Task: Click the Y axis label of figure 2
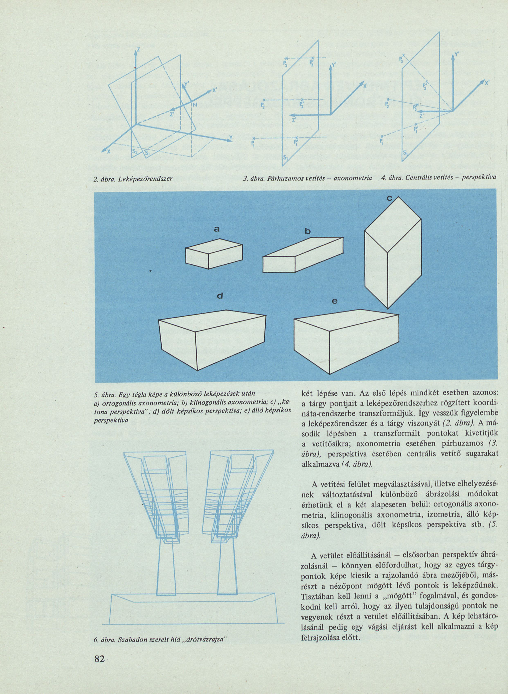tap(231, 137)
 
